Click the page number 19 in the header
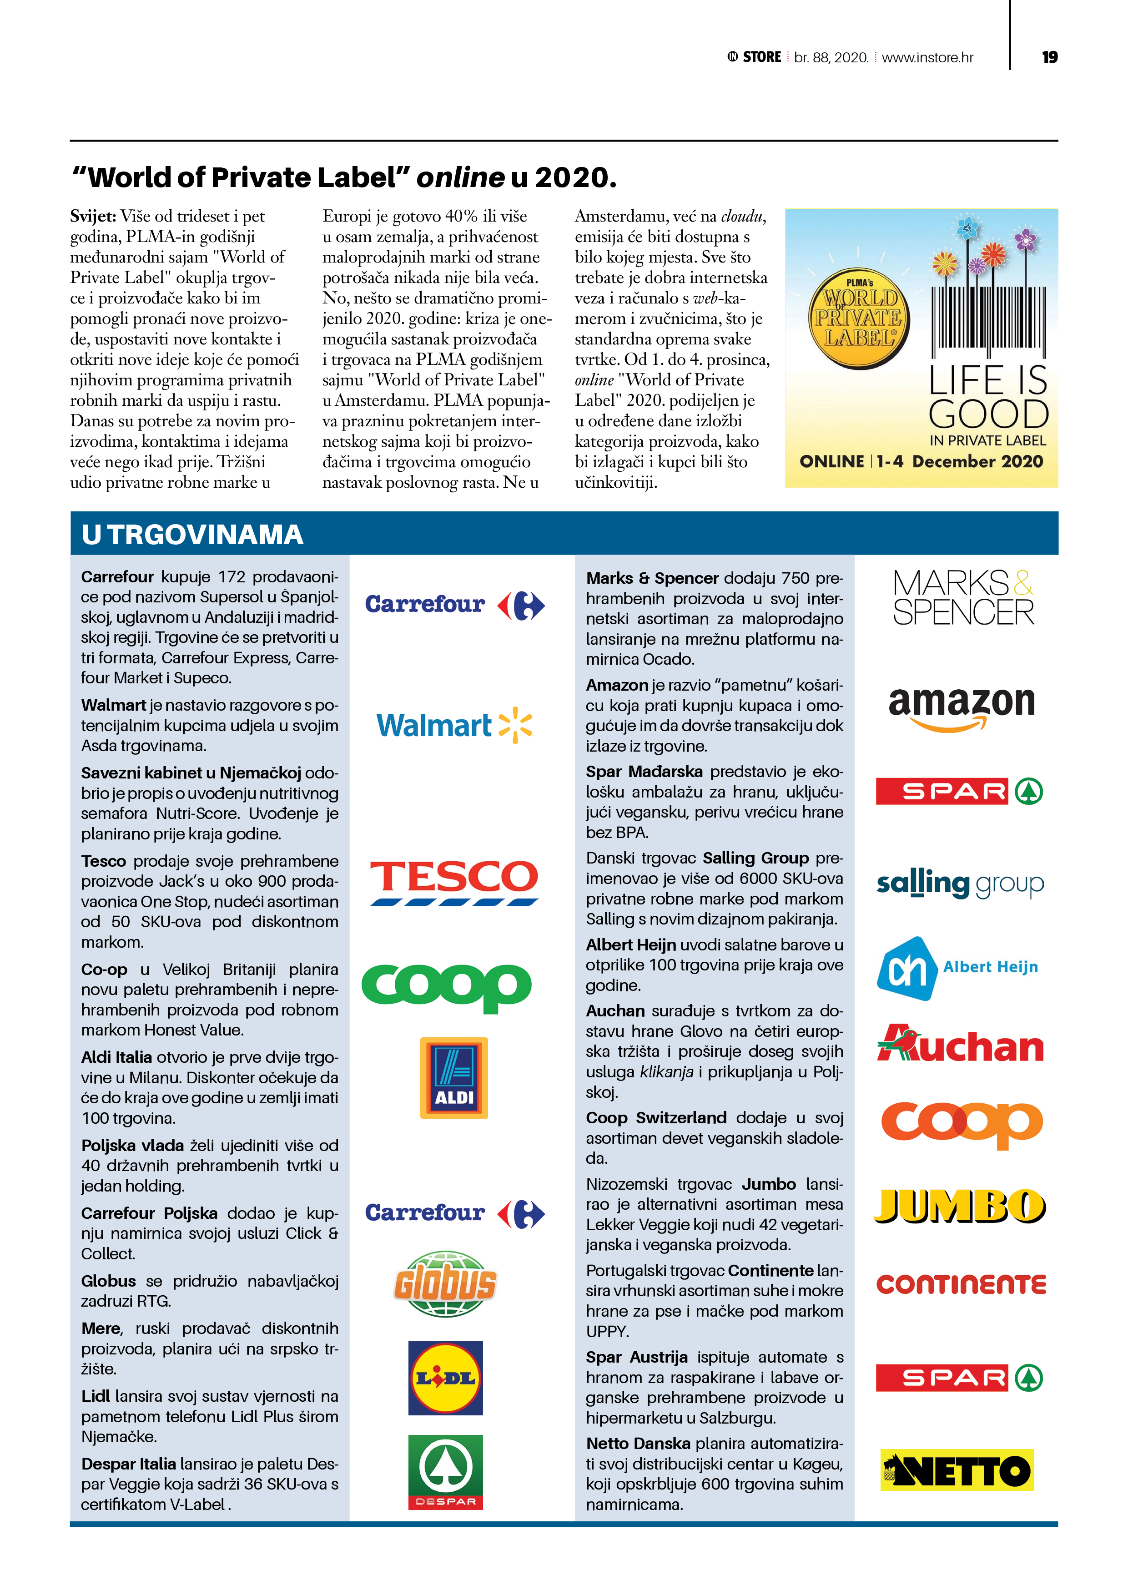point(1049,57)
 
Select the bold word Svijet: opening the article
point(92,216)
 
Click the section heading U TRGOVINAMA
point(192,535)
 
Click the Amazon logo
point(962,707)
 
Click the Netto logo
point(957,1470)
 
